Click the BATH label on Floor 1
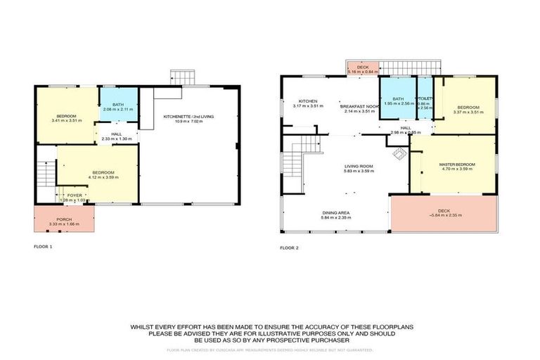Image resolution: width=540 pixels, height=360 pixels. [x=117, y=104]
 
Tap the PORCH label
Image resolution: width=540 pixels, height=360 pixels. [x=64, y=219]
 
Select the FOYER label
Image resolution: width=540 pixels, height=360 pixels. [x=74, y=195]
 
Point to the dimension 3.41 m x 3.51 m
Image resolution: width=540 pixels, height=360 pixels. [x=67, y=120]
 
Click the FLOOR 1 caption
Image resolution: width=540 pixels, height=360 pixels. [x=43, y=247]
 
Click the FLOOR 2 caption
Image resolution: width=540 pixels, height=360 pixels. [x=289, y=247]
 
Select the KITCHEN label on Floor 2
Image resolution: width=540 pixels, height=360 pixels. [x=307, y=101]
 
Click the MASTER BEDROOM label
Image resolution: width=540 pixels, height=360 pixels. [x=457, y=165]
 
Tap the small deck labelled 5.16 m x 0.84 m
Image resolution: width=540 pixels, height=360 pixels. [x=363, y=67]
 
